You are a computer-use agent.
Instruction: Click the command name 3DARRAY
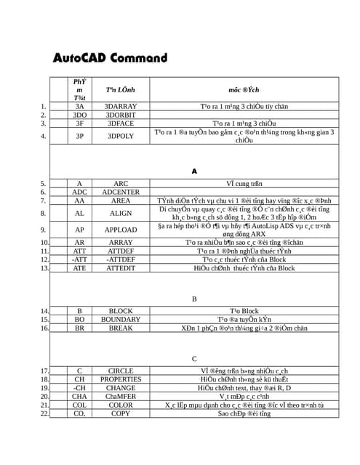tap(121, 106)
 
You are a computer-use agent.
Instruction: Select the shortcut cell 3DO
tap(80, 115)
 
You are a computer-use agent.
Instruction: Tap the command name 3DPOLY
tap(121, 136)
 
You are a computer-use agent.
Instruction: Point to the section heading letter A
tap(194, 171)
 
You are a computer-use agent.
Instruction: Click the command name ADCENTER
tap(121, 192)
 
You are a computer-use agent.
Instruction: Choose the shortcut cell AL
tap(80, 214)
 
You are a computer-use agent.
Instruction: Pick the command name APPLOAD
tap(121, 230)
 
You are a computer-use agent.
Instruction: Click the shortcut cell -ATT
tap(80, 259)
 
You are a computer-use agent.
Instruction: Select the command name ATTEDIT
tap(121, 268)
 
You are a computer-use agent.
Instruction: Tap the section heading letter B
tap(194, 299)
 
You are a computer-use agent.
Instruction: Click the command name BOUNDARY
tap(121, 320)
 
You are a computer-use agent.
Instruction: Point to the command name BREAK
tap(121, 328)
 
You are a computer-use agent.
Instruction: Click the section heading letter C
tap(194, 359)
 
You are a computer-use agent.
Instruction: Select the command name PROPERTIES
tap(121, 379)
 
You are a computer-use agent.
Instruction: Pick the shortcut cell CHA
tap(80, 397)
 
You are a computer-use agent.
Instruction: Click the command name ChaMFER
tap(121, 397)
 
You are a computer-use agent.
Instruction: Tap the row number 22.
tap(44, 413)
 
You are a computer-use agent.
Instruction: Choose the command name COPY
tap(121, 413)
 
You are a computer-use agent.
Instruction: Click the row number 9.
tap(45, 230)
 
